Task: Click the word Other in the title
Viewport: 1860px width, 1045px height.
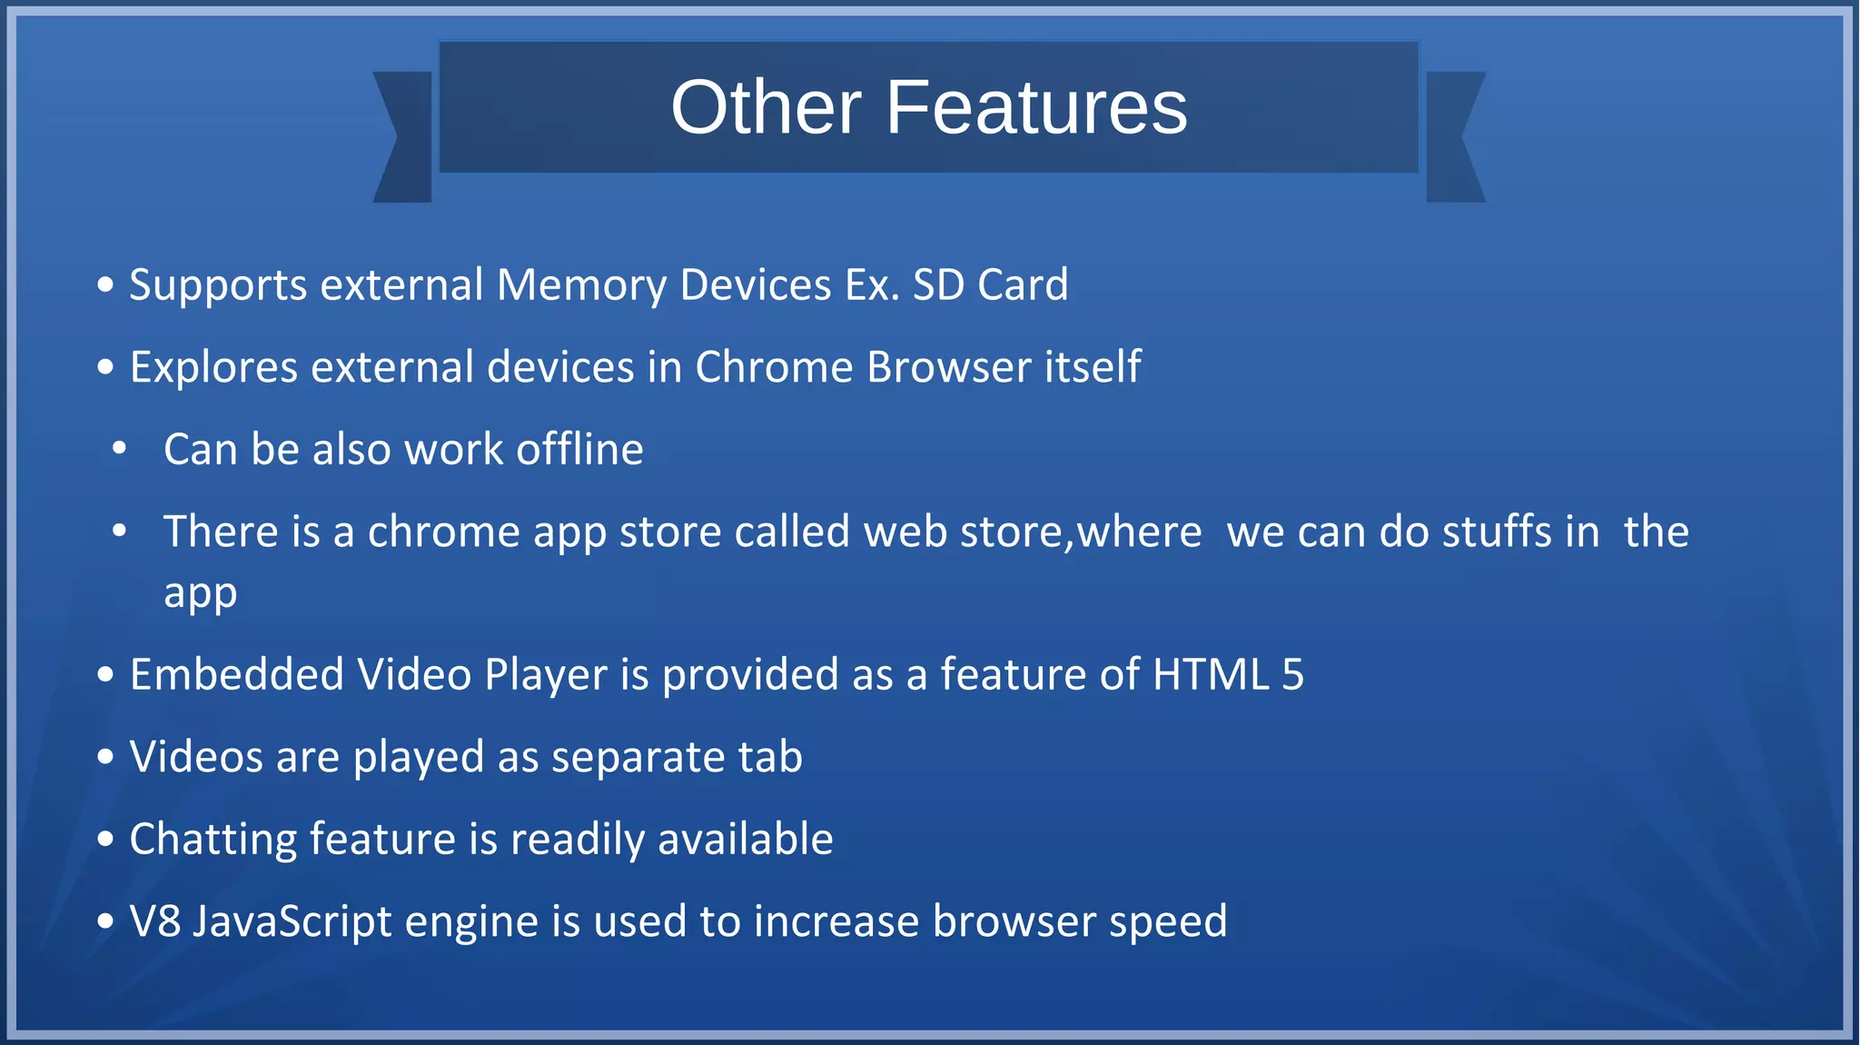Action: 766,107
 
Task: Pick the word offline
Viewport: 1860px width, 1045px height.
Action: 579,449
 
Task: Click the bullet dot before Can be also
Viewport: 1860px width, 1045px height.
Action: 119,449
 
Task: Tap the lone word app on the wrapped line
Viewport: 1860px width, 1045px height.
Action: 200,593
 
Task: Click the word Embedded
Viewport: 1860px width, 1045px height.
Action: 237,675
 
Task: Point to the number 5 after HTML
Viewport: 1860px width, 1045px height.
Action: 1292,675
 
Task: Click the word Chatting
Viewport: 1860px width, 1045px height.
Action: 213,839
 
